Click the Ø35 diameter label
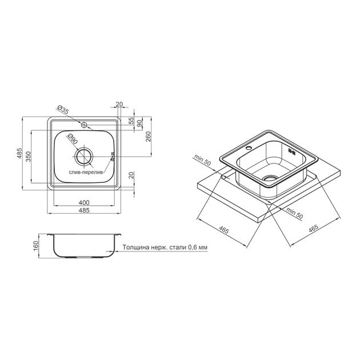[x=63, y=110]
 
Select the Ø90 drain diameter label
[x=72, y=139]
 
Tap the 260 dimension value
[x=149, y=137]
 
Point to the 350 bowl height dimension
[x=28, y=157]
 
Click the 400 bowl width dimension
[x=84, y=202]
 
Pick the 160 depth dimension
[x=36, y=246]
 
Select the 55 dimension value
[x=131, y=121]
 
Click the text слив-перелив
[x=86, y=172]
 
